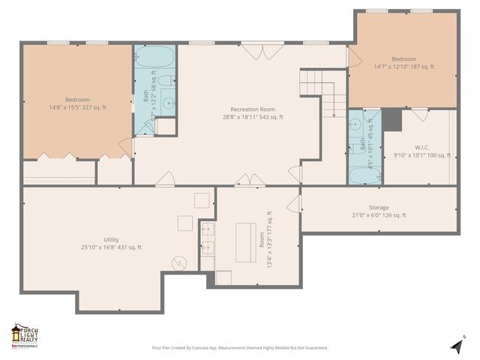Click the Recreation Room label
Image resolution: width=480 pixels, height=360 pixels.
pos(250,109)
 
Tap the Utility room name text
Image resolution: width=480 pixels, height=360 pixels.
pos(111,239)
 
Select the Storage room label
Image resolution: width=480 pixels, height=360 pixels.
pos(378,207)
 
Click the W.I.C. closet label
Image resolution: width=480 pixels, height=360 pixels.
pos(422,147)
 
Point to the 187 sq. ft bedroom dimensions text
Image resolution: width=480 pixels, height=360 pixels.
pos(403,67)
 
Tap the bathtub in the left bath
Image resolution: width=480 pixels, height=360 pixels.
pos(154,57)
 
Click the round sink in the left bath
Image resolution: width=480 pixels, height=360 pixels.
pos(169,104)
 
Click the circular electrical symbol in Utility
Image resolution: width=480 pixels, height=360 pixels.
pos(179,263)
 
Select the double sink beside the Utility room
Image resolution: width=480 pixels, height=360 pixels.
pos(208,237)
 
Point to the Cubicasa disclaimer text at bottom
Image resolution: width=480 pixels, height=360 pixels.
pos(239,348)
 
